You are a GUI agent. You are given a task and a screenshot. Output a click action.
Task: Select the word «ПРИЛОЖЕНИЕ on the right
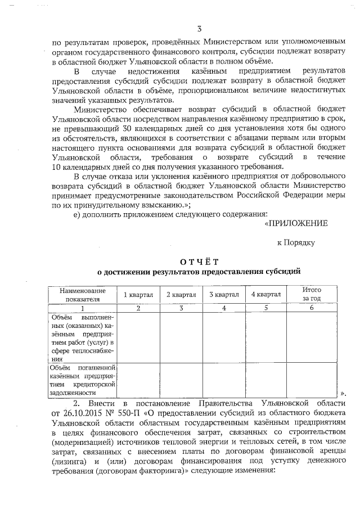pyautogui.click(x=296, y=223)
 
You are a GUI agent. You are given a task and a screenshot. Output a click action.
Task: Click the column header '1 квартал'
pyautogui.click(x=138, y=294)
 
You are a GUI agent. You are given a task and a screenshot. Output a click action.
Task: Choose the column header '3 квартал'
pyautogui.click(x=224, y=294)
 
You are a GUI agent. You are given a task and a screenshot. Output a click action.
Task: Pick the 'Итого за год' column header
pyautogui.click(x=312, y=294)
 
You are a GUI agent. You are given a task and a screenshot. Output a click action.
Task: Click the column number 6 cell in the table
pyautogui.click(x=312, y=308)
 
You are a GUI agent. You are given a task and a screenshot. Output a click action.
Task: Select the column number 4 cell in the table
pyautogui.click(x=224, y=308)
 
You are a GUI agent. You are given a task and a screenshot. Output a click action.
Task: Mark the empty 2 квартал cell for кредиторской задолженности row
pyautogui.click(x=181, y=380)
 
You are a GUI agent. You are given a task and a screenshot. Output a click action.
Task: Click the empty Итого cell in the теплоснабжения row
pyautogui.click(x=312, y=337)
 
